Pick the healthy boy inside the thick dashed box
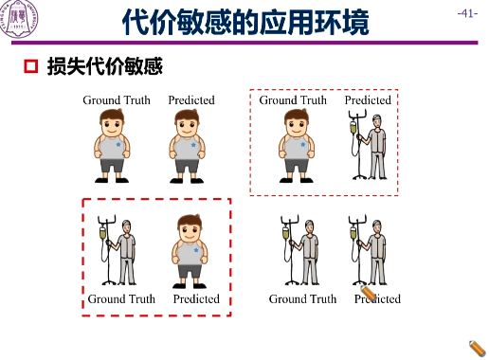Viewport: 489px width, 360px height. [x=191, y=249]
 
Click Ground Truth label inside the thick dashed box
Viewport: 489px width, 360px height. [x=121, y=299]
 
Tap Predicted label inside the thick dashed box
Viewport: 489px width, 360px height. [x=196, y=299]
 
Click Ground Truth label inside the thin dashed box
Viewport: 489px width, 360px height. [x=293, y=99]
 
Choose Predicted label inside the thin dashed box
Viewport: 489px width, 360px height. [x=368, y=99]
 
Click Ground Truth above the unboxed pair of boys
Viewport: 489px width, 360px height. [x=116, y=99]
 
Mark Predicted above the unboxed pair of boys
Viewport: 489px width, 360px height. [x=191, y=99]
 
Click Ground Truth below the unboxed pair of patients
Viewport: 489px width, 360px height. [x=302, y=299]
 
